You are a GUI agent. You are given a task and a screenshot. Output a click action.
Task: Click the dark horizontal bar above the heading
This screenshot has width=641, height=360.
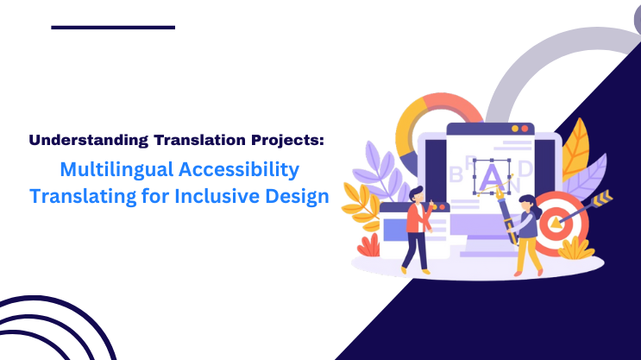point(112,27)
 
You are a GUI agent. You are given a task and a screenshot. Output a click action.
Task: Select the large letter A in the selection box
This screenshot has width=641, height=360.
point(492,176)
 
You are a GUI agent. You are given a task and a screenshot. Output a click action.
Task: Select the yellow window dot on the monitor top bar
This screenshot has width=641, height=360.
point(514,129)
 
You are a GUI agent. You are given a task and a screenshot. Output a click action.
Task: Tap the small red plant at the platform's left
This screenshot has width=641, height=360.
point(368,246)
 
